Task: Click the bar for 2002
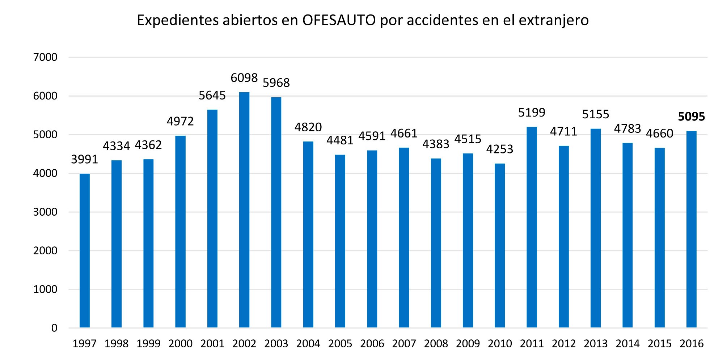pos(244,210)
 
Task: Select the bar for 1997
pos(85,251)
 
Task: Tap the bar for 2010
pos(500,246)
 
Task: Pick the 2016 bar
pos(692,229)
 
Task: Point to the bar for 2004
pos(308,234)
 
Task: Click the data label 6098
pos(244,78)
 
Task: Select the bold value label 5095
pos(692,117)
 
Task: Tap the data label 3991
pos(85,159)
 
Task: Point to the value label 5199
pos(532,113)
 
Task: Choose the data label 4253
pos(500,149)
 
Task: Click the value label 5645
pos(212,96)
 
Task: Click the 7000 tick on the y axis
pos(45,57)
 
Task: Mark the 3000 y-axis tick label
pos(45,212)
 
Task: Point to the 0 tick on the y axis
pos(54,328)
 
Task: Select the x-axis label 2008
pos(436,343)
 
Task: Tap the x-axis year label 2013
pos(596,343)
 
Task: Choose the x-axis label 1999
pos(148,343)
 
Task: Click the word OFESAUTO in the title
pos(339,20)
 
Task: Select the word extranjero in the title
pos(554,20)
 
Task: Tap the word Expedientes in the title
pos(177,20)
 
